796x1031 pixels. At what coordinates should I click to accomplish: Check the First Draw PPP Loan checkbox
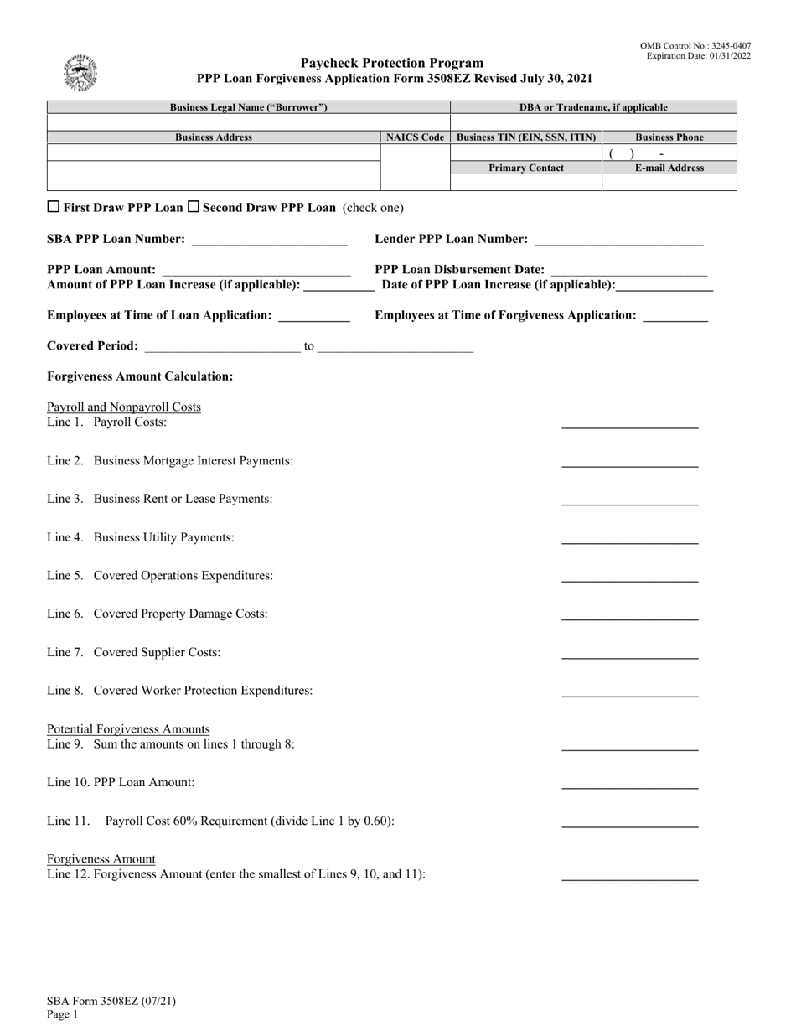point(53,207)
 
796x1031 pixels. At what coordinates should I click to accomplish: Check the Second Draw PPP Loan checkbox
point(193,207)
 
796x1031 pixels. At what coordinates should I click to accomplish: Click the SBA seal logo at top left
point(80,73)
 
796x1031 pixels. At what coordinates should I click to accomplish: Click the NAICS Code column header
point(415,137)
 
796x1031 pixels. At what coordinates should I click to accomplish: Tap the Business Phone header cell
point(669,137)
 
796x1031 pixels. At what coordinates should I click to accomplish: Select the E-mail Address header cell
point(669,168)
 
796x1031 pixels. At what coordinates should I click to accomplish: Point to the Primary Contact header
point(526,168)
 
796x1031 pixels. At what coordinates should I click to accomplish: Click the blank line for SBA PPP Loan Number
point(269,241)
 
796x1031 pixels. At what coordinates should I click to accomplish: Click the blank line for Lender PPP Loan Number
point(618,241)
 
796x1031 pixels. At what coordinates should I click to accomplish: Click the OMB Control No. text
point(695,46)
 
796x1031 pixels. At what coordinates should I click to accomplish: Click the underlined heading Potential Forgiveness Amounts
point(128,729)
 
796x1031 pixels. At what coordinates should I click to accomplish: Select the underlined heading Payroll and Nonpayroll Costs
point(124,407)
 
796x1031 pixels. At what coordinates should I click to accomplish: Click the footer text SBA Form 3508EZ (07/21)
point(111,1001)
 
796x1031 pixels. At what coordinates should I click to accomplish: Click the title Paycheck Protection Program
point(392,63)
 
